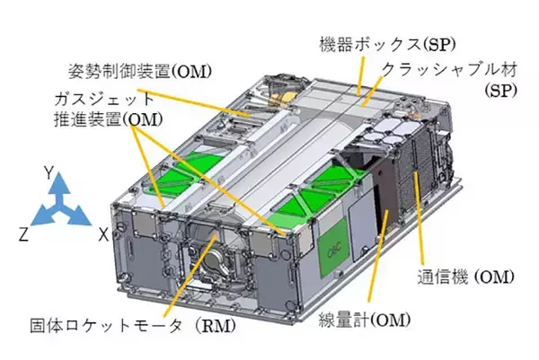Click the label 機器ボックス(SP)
(x=387, y=45)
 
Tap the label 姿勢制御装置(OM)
(x=139, y=72)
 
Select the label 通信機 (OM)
(x=465, y=277)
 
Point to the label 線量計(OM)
(x=365, y=320)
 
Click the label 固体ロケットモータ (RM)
(x=133, y=326)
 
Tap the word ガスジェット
(x=104, y=100)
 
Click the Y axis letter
(x=49, y=172)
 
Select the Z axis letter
(x=23, y=235)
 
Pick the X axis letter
(x=103, y=235)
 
